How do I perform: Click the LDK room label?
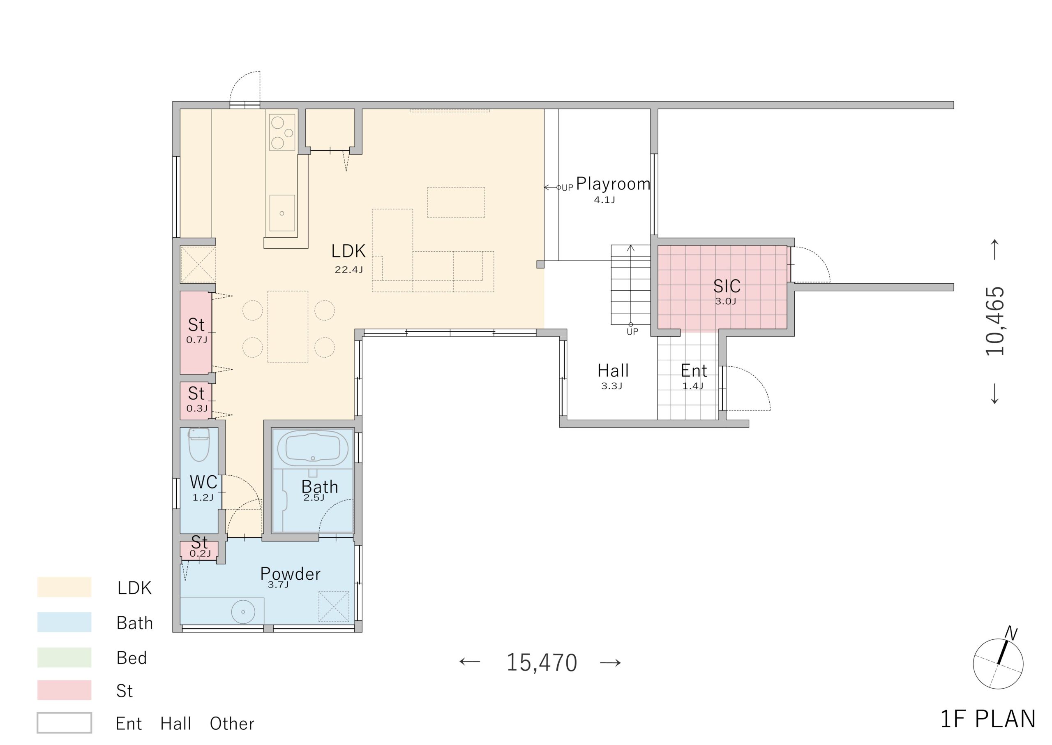point(348,251)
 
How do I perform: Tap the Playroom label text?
point(613,184)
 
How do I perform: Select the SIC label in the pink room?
point(727,286)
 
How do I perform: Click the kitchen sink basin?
point(282,213)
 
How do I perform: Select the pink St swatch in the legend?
point(64,690)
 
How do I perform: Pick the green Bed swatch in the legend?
point(64,657)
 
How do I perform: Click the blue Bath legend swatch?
point(64,622)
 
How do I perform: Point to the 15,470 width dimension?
point(541,662)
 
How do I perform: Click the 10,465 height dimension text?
point(995,321)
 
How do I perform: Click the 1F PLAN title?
point(988,719)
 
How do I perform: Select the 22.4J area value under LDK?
point(348,270)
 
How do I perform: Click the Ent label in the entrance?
point(694,370)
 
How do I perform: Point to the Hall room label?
point(613,370)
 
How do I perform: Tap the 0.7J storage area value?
point(197,340)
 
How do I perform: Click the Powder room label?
point(290,574)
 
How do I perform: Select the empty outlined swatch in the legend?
point(64,723)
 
